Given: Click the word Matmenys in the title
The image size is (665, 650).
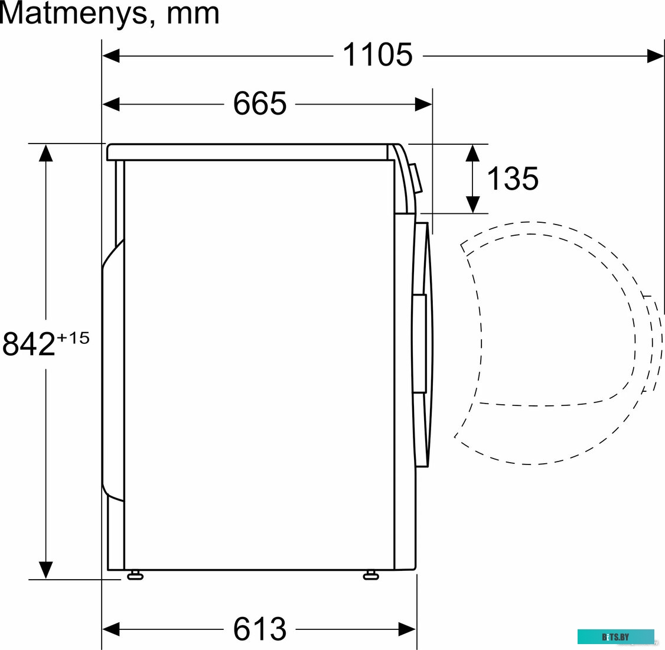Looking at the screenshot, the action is tap(73, 14).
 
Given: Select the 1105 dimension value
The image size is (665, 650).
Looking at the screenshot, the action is tap(377, 55).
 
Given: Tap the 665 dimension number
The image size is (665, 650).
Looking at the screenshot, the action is tap(260, 103).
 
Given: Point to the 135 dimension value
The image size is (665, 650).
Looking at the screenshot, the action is tap(512, 178).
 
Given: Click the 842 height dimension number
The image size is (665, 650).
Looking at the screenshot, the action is tap(29, 344).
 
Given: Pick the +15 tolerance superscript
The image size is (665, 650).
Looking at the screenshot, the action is tap(73, 338).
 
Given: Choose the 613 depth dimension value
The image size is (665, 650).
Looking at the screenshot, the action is tap(260, 628).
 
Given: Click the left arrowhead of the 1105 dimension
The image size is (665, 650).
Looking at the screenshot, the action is tap(110, 56).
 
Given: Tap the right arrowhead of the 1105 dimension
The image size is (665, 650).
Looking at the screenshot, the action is tap(656, 56).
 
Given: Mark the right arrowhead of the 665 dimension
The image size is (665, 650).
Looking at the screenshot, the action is tap(423, 104).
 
